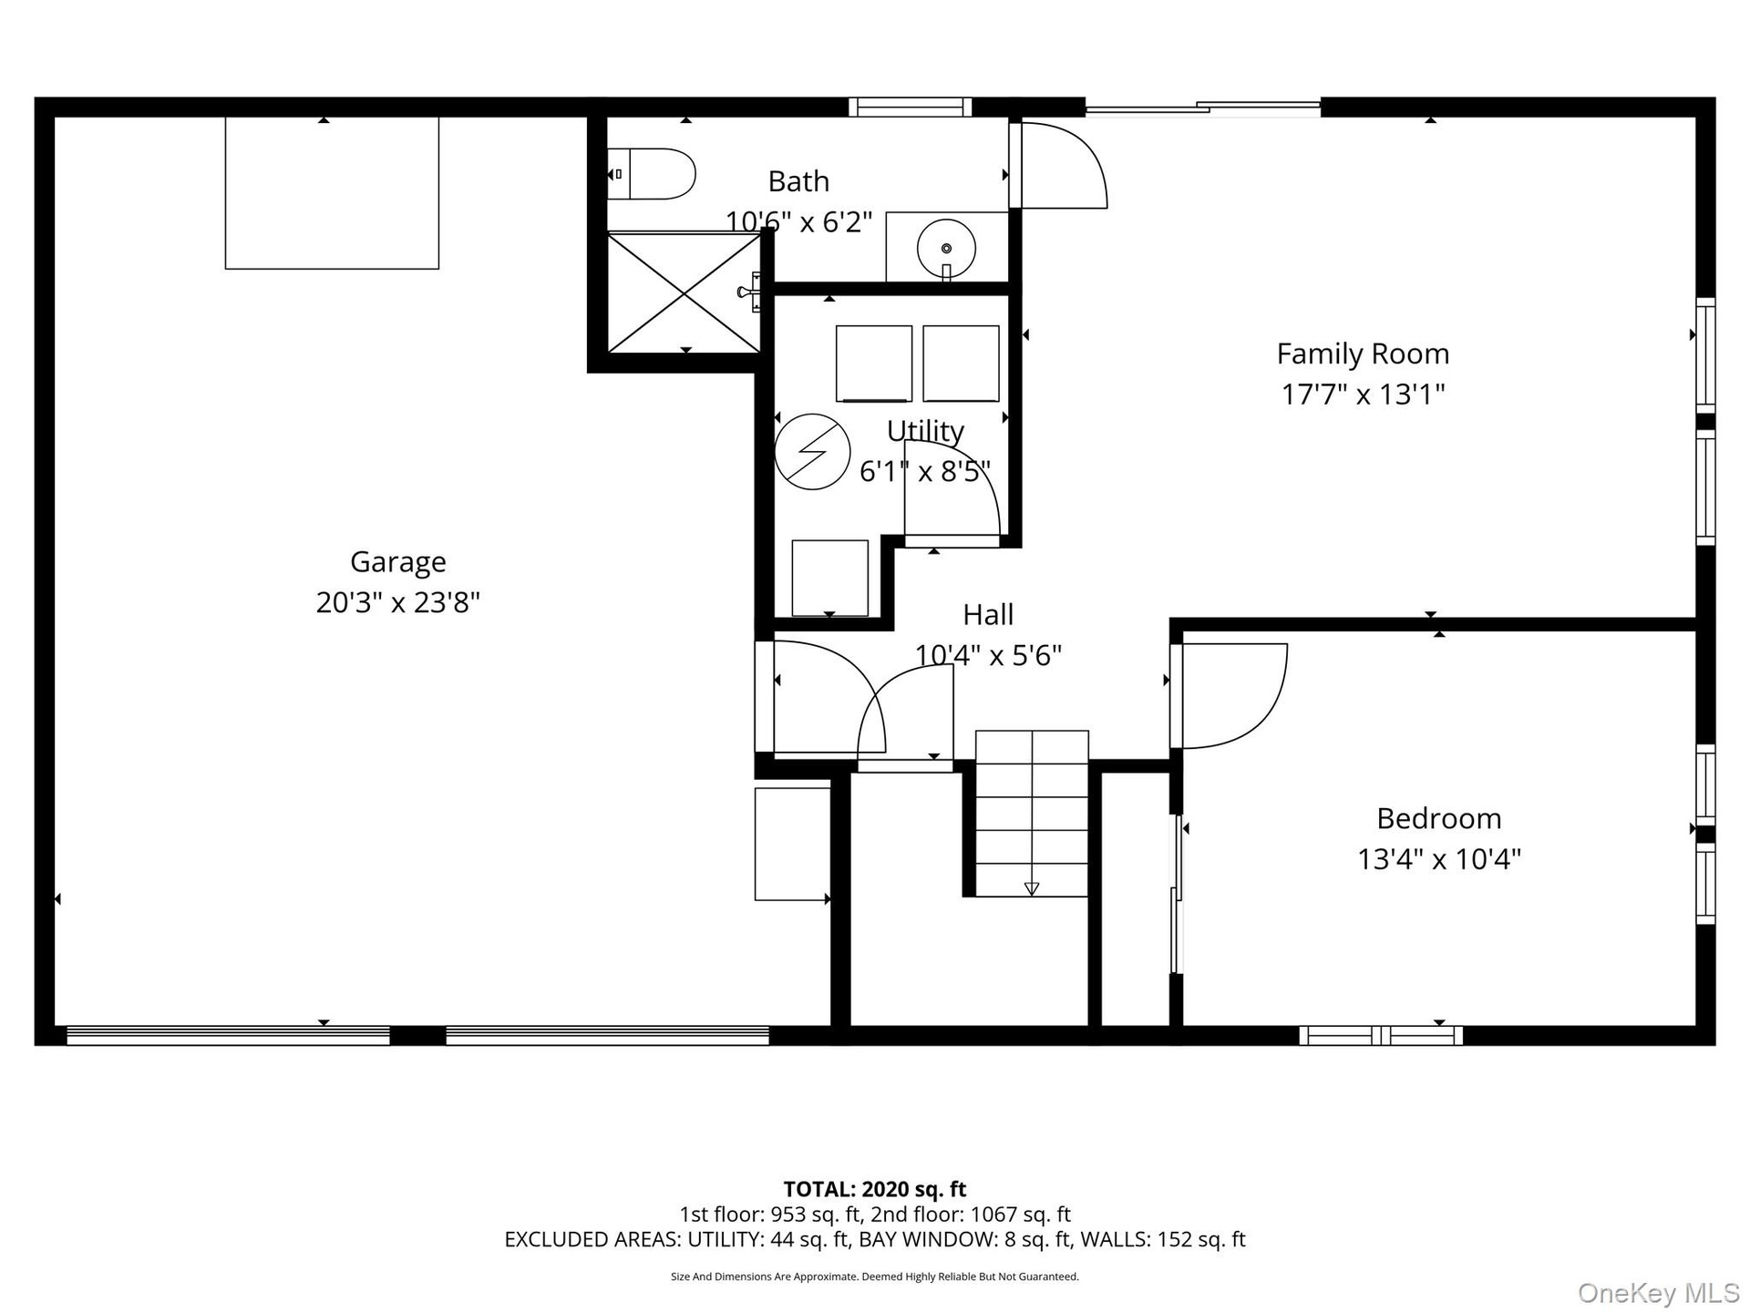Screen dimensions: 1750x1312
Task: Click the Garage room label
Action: click(397, 562)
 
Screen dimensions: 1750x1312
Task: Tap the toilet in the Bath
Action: click(651, 174)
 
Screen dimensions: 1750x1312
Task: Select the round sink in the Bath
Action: click(946, 248)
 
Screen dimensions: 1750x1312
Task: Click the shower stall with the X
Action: click(684, 292)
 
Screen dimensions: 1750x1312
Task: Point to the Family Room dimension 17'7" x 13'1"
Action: click(1363, 395)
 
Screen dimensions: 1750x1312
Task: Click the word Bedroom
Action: click(1438, 818)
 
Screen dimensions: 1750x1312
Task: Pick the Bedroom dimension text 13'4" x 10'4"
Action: click(1438, 859)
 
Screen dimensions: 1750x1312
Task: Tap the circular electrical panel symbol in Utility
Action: click(812, 452)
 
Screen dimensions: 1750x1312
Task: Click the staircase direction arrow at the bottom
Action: click(1032, 888)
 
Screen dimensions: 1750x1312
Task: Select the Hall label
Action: click(988, 615)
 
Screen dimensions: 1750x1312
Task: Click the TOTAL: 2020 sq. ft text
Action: click(874, 1189)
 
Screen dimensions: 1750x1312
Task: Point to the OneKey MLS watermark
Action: click(1658, 1292)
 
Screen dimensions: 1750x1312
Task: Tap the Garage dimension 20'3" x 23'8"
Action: click(397, 602)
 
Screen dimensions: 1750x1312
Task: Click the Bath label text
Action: click(798, 181)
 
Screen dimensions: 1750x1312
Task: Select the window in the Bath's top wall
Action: click(910, 107)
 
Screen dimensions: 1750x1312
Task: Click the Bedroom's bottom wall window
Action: click(1380, 1035)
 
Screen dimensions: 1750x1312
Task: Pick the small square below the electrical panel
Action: click(829, 578)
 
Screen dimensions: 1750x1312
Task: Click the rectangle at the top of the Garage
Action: click(332, 192)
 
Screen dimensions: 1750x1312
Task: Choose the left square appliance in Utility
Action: click(874, 364)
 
